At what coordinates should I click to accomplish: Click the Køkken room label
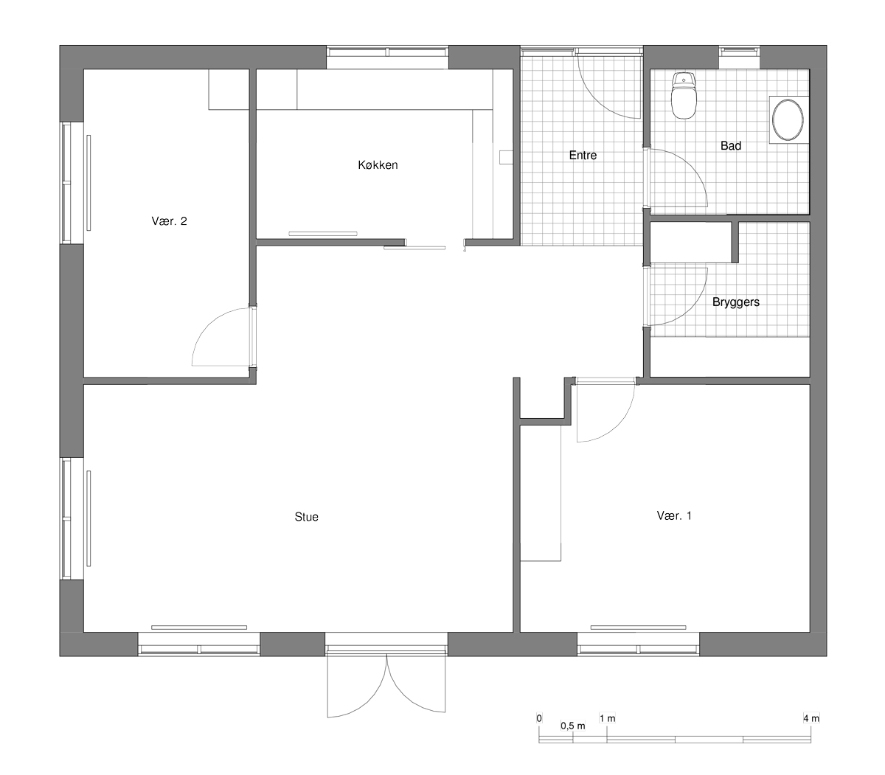pyautogui.click(x=378, y=164)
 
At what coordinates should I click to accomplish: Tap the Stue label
pyautogui.click(x=306, y=517)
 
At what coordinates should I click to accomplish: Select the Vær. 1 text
pyautogui.click(x=674, y=515)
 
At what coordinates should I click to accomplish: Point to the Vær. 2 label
pyautogui.click(x=169, y=221)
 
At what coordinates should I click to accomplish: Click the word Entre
pyautogui.click(x=583, y=156)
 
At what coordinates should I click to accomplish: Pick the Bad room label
pyautogui.click(x=731, y=146)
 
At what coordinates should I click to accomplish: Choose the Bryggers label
pyautogui.click(x=736, y=302)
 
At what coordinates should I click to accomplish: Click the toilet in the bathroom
pyautogui.click(x=684, y=96)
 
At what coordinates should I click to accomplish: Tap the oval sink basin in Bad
pyautogui.click(x=788, y=119)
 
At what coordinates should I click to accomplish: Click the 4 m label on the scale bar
pyautogui.click(x=811, y=718)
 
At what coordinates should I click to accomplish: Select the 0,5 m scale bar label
pyautogui.click(x=573, y=726)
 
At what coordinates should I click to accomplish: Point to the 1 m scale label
pyautogui.click(x=607, y=718)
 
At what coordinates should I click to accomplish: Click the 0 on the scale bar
pyautogui.click(x=539, y=718)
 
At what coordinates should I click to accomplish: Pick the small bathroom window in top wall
pyautogui.click(x=739, y=52)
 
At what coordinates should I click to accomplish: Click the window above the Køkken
pyautogui.click(x=387, y=53)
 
